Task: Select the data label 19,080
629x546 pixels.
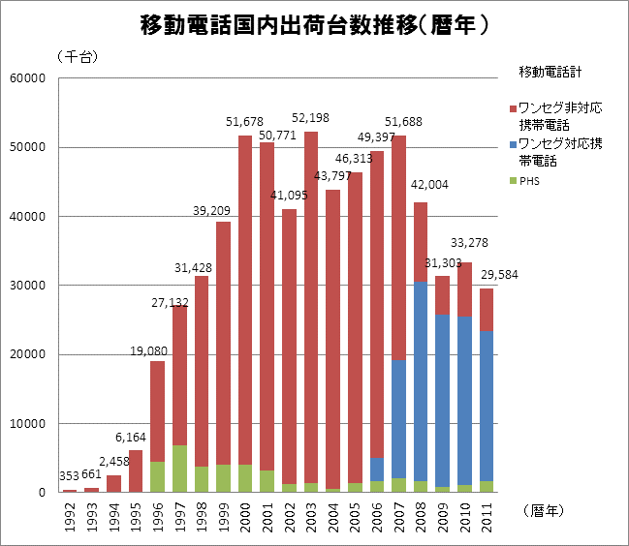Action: pos(150,349)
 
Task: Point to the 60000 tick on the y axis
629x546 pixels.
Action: pos(30,78)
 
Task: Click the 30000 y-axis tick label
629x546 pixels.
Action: pos(30,286)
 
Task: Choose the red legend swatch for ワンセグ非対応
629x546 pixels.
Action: pos(512,106)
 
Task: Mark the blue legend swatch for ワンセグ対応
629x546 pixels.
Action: pos(512,144)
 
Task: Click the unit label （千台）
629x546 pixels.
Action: pos(79,56)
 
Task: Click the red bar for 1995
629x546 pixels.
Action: pos(136,470)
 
